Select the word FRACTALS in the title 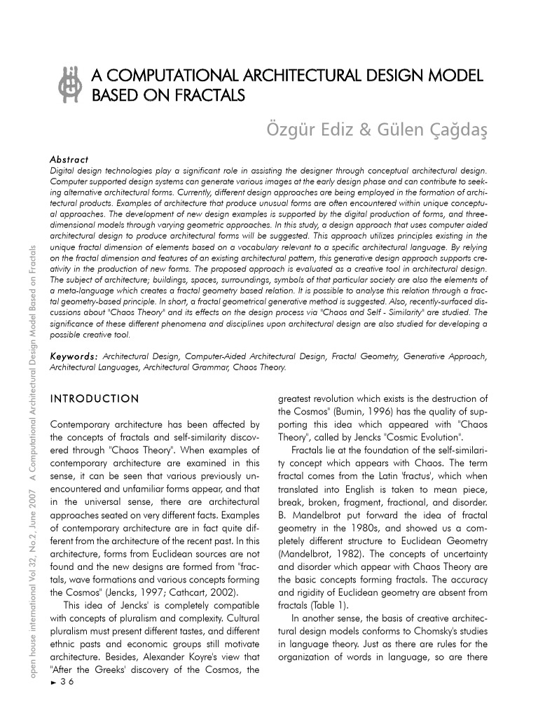coord(209,95)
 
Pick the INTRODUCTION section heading coord(95,398)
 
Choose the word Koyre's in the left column coord(216,656)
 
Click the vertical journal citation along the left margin coord(34,462)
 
